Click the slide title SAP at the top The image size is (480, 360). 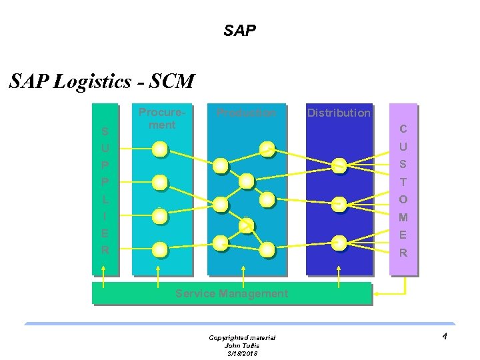pos(240,31)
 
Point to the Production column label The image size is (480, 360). pos(246,113)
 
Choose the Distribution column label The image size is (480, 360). pos(339,113)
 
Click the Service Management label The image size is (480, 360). pos(231,293)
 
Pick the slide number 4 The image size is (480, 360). pos(444,336)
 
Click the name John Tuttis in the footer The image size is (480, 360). pos(241,345)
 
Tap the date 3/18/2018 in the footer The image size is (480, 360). pos(241,353)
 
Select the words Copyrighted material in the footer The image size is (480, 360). pos(241,338)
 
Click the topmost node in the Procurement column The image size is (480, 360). pos(159,149)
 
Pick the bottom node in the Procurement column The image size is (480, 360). pos(159,249)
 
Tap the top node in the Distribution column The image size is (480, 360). pos(339,165)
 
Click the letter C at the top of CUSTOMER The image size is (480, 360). pos(403,129)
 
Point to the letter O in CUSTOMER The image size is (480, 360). pos(403,199)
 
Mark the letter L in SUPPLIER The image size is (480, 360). pos(105,199)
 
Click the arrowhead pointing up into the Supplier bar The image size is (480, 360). pos(103,270)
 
